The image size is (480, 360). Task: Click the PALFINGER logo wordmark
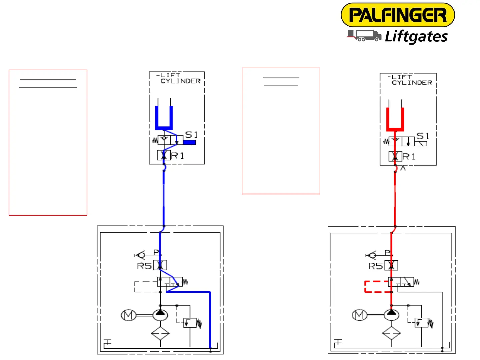pyautogui.click(x=398, y=15)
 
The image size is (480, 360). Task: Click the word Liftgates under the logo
pyautogui.click(x=416, y=36)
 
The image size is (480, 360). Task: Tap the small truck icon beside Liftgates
pyautogui.click(x=364, y=36)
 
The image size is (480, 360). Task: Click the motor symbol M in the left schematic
pyautogui.click(x=128, y=315)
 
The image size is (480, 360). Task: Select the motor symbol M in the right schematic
pyautogui.click(x=359, y=315)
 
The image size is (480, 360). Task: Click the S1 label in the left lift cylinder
pyautogui.click(x=191, y=135)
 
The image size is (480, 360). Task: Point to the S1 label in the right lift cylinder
pyautogui.click(x=423, y=136)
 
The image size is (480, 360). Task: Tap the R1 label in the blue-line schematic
pyautogui.click(x=177, y=156)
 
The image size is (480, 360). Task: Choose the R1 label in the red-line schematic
pyautogui.click(x=409, y=157)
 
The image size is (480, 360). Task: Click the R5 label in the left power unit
pyautogui.click(x=144, y=266)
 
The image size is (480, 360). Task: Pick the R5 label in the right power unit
pyautogui.click(x=376, y=266)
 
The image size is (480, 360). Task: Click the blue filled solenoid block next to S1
pyautogui.click(x=189, y=142)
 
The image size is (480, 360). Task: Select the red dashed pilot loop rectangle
pyautogui.click(x=377, y=287)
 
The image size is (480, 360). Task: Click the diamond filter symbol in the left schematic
pyautogui.click(x=160, y=333)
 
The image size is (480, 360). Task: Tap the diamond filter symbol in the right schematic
pyautogui.click(x=391, y=333)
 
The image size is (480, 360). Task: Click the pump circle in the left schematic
pyautogui.click(x=160, y=315)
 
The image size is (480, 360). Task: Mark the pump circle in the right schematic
pyautogui.click(x=391, y=315)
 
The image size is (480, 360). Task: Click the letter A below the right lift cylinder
pyautogui.click(x=403, y=168)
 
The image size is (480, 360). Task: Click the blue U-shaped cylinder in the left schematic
pyautogui.click(x=164, y=118)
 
